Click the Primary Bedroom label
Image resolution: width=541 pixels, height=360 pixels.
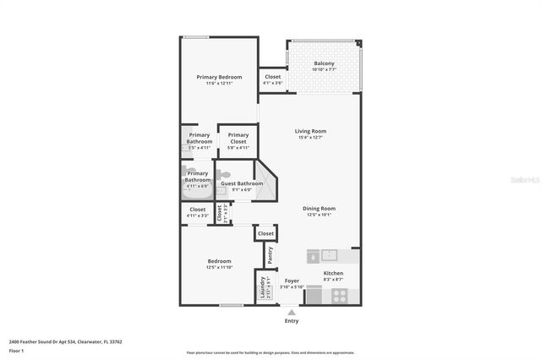point(218,78)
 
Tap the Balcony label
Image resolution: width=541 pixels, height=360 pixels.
point(324,64)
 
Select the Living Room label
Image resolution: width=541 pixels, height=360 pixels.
point(310,131)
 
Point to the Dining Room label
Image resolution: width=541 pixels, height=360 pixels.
point(320,209)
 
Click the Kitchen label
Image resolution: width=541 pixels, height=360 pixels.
point(333,274)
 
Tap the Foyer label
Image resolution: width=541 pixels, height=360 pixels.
point(292,281)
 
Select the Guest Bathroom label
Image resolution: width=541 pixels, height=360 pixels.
point(242,183)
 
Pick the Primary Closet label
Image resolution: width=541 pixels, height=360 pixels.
point(238,135)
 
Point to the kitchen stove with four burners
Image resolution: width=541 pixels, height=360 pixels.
point(339,296)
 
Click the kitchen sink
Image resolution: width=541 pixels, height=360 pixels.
point(329,254)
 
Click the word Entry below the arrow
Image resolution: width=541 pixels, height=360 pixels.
point(292,321)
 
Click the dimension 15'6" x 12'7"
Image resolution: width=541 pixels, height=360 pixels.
point(310,138)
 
